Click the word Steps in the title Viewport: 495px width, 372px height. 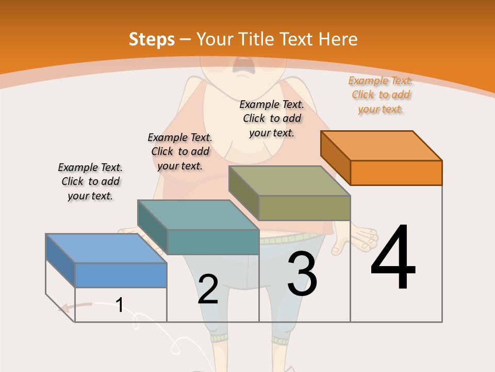coord(152,39)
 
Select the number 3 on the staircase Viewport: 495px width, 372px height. coord(302,274)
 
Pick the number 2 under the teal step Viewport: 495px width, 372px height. coord(208,289)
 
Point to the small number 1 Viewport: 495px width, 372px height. coord(120,305)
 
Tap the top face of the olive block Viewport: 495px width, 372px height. coord(290,181)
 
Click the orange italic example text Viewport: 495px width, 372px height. coord(381,95)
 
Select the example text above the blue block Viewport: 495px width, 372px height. coord(90,181)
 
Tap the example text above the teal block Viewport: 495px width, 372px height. coord(180,151)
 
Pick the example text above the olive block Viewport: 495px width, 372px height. coord(272,118)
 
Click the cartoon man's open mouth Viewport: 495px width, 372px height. coord(240,65)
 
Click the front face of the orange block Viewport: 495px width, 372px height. coord(396,173)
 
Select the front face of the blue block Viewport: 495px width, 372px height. coord(121,275)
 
